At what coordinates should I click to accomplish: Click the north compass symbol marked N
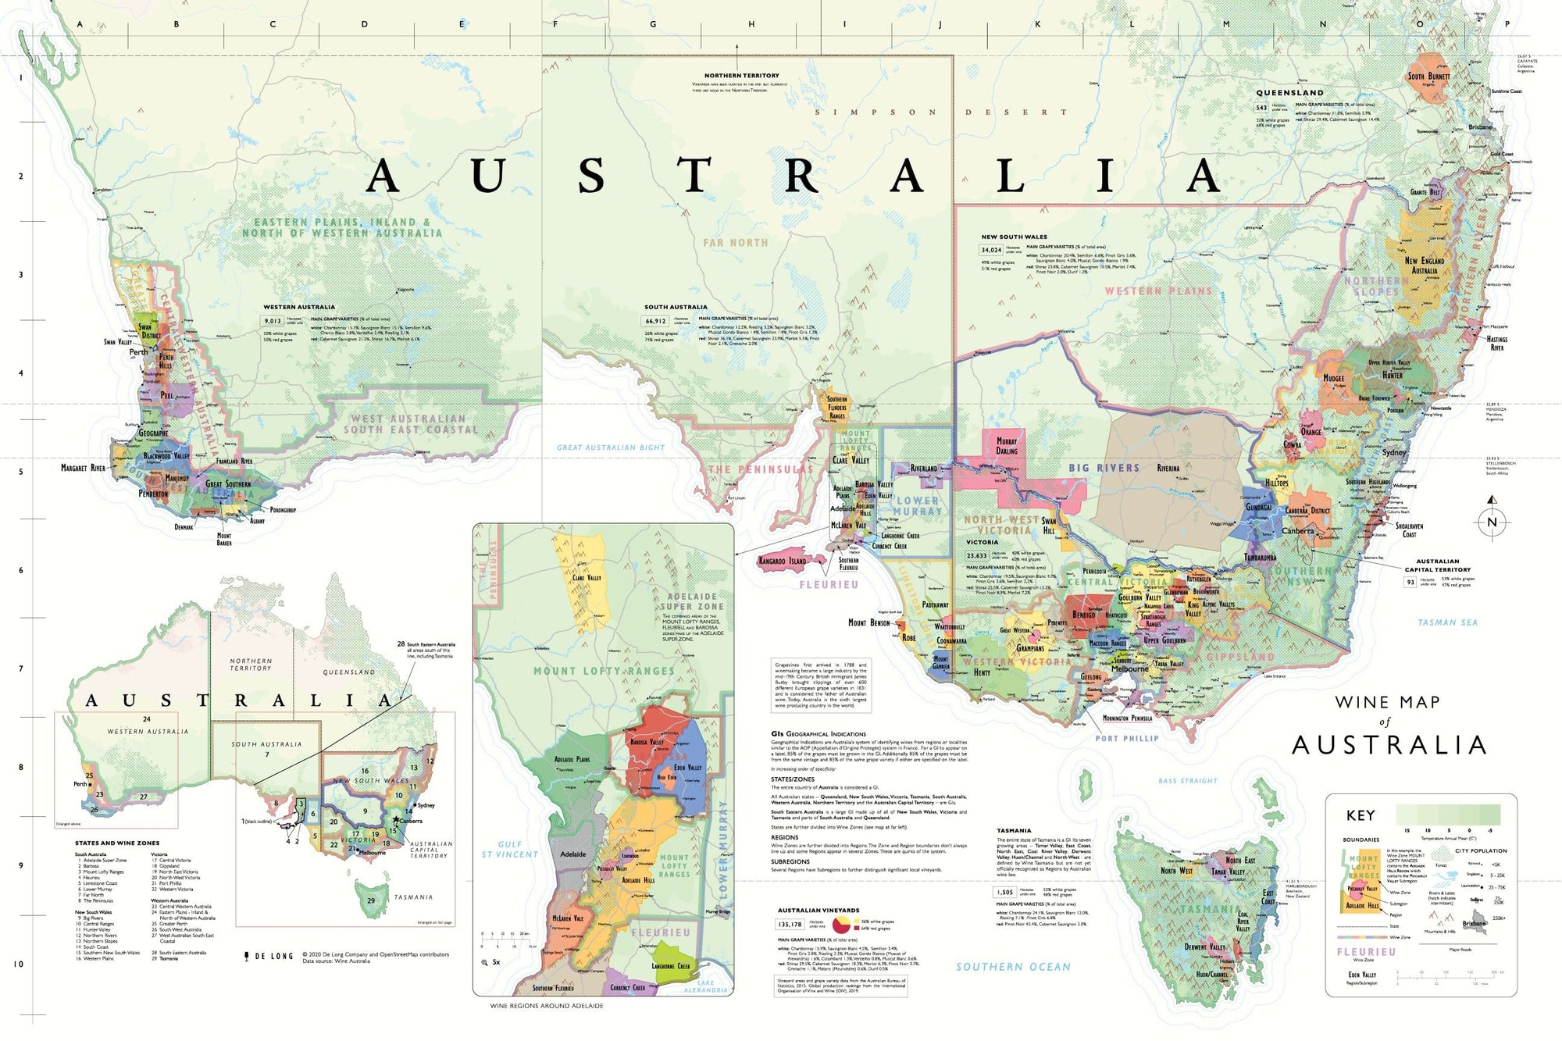click(x=1492, y=522)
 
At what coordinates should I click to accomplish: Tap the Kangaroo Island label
click(x=783, y=561)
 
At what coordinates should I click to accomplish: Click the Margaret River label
click(x=83, y=468)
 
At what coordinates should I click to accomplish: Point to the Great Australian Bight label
click(x=611, y=447)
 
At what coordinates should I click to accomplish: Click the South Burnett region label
click(x=1428, y=77)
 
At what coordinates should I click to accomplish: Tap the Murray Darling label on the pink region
click(x=1007, y=446)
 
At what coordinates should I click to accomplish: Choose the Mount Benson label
click(x=868, y=622)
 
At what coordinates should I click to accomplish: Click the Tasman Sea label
click(x=1447, y=622)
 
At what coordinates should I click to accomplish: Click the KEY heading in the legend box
click(x=1361, y=815)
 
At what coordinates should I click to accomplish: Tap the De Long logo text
click(x=269, y=955)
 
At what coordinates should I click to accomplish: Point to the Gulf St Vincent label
click(x=509, y=850)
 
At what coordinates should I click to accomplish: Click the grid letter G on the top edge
click(x=653, y=24)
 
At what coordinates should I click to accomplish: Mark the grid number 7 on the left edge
click(x=21, y=668)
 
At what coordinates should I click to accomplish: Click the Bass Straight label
click(x=1187, y=780)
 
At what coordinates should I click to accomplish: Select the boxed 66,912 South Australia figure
click(x=655, y=321)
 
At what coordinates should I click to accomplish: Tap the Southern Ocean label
click(x=1013, y=967)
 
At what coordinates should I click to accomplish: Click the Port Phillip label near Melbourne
click(x=1126, y=738)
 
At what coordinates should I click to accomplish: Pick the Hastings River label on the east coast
click(x=1496, y=343)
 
